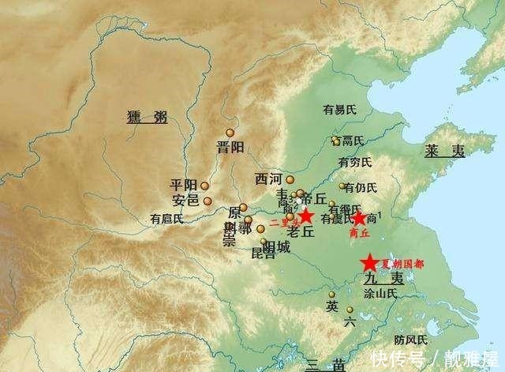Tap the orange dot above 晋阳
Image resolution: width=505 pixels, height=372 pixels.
[x=230, y=133]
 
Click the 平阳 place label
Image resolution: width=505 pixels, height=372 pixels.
[x=184, y=185]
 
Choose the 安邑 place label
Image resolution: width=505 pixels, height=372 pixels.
[x=186, y=201]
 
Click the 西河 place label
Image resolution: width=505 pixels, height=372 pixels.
[x=269, y=179]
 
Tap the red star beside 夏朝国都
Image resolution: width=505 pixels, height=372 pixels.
[x=368, y=263]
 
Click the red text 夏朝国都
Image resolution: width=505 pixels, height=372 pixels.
[x=402, y=263]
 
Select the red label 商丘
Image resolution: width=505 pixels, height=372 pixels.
[x=359, y=234]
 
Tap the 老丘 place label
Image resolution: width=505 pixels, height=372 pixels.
[x=300, y=232]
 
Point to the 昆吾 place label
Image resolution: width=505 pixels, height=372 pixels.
[x=263, y=254]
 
